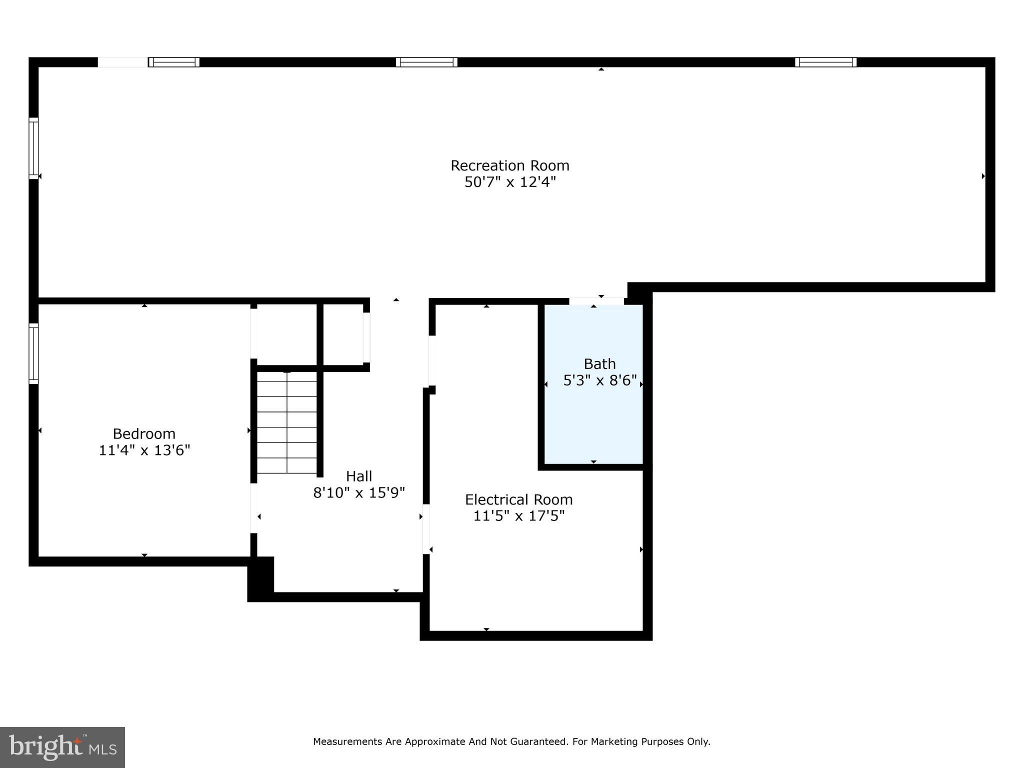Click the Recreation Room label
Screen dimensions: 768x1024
pyautogui.click(x=509, y=165)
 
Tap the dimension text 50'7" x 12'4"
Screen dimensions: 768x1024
pyautogui.click(x=509, y=182)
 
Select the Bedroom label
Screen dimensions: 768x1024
pyautogui.click(x=144, y=433)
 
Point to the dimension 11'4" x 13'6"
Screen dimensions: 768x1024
pyautogui.click(x=144, y=450)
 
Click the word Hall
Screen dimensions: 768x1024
pyautogui.click(x=358, y=476)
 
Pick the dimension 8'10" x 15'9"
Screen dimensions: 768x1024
pyautogui.click(x=358, y=493)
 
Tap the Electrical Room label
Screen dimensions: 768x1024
pyautogui.click(x=518, y=499)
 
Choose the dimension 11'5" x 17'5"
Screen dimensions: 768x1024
pyautogui.click(x=518, y=516)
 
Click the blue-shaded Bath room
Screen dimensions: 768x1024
pyautogui.click(x=593, y=425)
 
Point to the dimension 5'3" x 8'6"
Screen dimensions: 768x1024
pyautogui.click(x=599, y=381)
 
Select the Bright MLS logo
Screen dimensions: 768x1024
pyautogui.click(x=62, y=747)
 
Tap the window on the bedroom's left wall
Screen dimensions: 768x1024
pyautogui.click(x=33, y=353)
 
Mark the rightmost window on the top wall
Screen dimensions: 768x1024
pyautogui.click(x=825, y=62)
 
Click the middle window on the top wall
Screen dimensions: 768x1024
pyautogui.click(x=426, y=62)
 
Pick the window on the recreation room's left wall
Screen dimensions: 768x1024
pyautogui.click(x=33, y=148)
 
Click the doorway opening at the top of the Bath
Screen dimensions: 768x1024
pyautogui.click(x=596, y=301)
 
